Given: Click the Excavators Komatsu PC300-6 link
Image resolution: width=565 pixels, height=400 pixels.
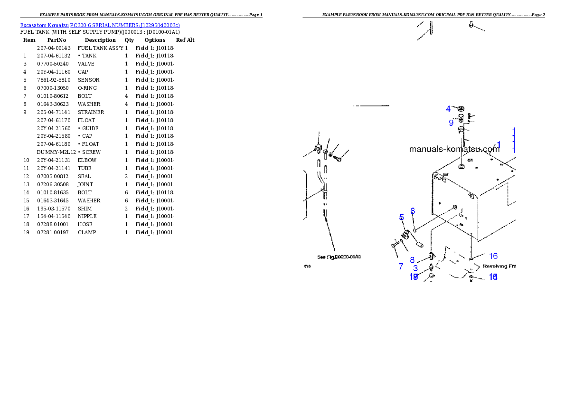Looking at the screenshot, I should (100, 25).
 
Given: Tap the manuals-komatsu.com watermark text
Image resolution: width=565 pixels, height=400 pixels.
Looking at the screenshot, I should (454, 149).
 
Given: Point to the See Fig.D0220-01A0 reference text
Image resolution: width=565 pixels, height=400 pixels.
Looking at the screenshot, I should (339, 257).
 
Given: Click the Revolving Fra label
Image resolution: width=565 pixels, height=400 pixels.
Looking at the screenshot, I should (499, 267).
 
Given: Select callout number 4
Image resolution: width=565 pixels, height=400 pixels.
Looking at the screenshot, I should (448, 109).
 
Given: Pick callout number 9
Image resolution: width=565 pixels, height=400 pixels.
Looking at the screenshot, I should (451, 123).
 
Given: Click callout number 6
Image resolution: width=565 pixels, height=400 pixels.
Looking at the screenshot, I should (413, 210).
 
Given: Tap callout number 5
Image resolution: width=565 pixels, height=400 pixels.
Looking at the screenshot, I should (402, 217).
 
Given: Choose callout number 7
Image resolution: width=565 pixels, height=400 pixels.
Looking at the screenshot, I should (401, 267).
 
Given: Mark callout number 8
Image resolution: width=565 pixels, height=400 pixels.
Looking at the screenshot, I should (412, 260).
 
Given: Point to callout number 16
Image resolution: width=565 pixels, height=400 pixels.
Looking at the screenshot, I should (493, 256).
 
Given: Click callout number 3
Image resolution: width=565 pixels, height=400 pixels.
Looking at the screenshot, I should (415, 268).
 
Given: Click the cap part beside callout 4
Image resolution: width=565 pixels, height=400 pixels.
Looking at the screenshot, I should (461, 109).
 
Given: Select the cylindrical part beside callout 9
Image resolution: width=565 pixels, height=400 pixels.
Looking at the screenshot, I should (461, 118).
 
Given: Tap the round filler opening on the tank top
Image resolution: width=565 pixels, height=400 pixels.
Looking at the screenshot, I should (461, 167).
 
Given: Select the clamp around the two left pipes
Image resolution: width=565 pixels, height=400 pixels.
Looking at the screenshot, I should (323, 190).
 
